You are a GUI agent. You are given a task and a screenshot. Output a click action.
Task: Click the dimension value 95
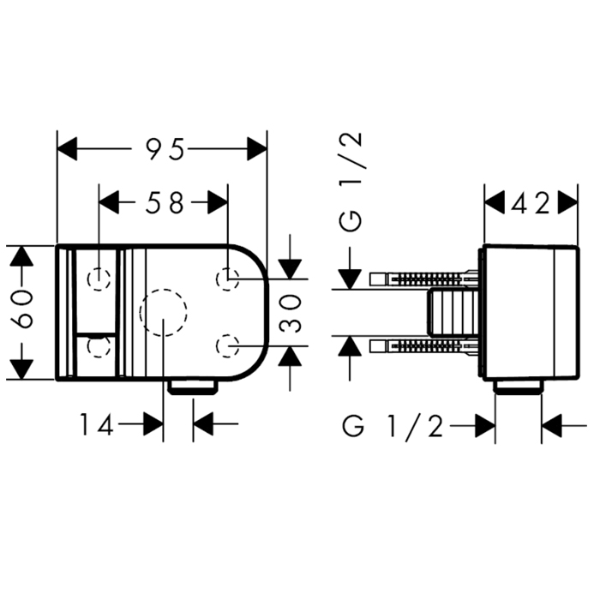pos(165,149)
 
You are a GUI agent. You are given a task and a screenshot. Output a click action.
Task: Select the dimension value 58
pos(165,202)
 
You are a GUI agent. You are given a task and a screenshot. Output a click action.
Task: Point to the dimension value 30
pos(290,313)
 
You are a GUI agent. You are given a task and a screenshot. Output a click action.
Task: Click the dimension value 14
pos(97,424)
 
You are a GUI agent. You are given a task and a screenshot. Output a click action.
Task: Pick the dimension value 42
pos(531,203)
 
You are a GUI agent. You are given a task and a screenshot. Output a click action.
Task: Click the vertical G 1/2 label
pos(351,182)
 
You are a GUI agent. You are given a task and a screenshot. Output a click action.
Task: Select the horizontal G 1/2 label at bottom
pos(393,426)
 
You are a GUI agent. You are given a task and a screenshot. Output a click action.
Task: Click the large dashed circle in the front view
pos(164,313)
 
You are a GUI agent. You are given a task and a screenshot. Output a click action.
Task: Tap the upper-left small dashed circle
pos(99,279)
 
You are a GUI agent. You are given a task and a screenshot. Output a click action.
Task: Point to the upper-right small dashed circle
pos(228,279)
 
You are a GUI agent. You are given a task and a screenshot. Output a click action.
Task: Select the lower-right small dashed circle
pos(228,346)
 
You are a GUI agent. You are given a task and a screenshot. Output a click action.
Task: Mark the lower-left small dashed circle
pos(99,346)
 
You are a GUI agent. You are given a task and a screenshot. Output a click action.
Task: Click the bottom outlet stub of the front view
pos(193,387)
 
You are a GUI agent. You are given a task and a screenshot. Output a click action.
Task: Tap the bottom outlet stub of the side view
pos(519,387)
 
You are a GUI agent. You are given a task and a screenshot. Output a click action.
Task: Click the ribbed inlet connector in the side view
pos(453,313)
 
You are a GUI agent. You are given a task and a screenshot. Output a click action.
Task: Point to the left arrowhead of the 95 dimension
pos(67,149)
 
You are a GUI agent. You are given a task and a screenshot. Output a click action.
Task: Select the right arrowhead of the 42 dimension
pos(567,203)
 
